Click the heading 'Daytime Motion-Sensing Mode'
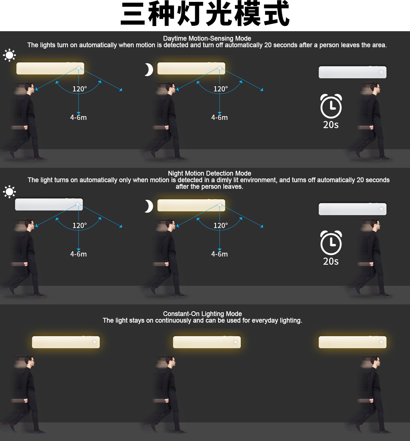[207, 38]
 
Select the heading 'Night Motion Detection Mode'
[209, 173]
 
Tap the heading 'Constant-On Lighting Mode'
[202, 314]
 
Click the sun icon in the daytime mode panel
[9, 55]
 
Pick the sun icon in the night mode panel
[9, 192]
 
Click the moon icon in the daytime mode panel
[149, 70]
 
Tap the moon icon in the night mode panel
[149, 206]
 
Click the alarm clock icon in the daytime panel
[331, 106]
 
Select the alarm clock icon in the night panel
[331, 243]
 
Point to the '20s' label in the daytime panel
[331, 125]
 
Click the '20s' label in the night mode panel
[331, 261]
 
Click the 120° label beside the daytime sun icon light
[80, 89]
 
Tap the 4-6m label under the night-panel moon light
[219, 254]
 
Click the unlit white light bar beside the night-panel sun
[49, 204]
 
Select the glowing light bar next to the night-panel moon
[191, 205]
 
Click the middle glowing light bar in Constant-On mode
[207, 342]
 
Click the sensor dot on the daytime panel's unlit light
[381, 72]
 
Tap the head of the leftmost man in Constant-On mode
[29, 362]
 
